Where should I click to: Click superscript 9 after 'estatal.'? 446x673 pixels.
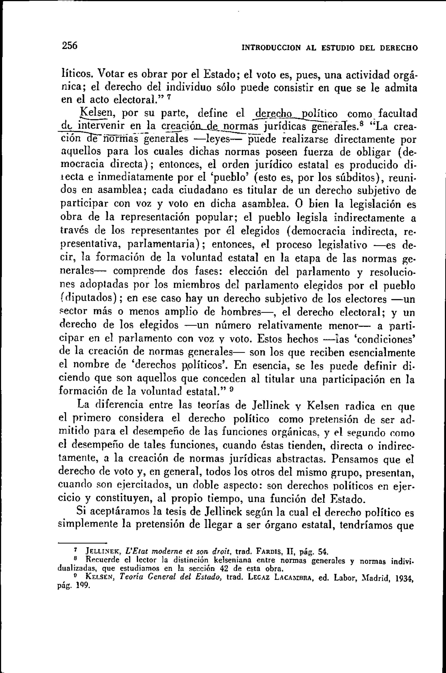pos(231,391)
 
